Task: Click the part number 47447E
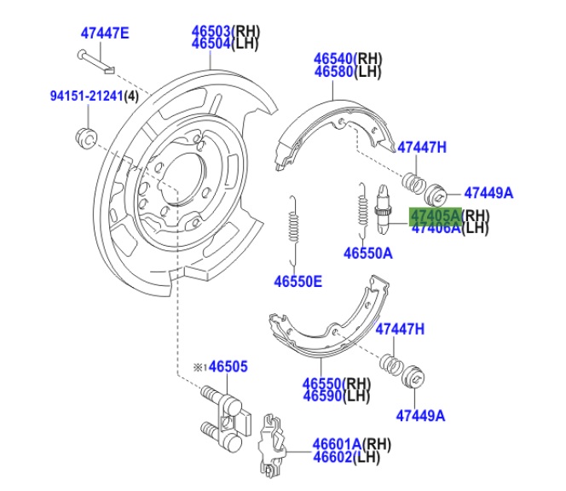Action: click(105, 33)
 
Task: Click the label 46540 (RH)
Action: click(336, 59)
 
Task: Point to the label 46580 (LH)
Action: click(336, 72)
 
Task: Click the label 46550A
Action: click(367, 253)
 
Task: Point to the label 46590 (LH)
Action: click(325, 395)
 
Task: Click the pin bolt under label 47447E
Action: click(99, 58)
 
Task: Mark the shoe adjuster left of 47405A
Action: click(385, 211)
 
